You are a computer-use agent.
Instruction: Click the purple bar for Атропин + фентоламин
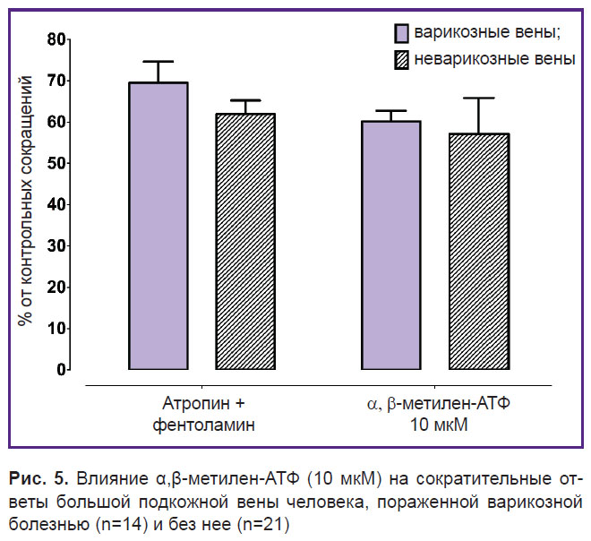[158, 226]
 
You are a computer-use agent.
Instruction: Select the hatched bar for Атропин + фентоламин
[245, 241]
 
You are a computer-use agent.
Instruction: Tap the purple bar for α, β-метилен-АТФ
[391, 245]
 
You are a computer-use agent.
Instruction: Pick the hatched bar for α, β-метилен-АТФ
[479, 252]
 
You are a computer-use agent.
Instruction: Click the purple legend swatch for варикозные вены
[401, 33]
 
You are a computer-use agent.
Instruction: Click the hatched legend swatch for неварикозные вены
[401, 60]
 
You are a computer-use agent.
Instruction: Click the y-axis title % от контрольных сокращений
[26, 201]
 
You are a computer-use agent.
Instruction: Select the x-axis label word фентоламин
[204, 425]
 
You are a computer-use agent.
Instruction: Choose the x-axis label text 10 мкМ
[439, 425]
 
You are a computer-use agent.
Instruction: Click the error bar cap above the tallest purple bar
[158, 61]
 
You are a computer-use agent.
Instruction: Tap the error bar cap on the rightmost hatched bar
[479, 98]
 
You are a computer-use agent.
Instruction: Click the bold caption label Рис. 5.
[39, 479]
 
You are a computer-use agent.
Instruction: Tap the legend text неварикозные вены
[495, 60]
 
